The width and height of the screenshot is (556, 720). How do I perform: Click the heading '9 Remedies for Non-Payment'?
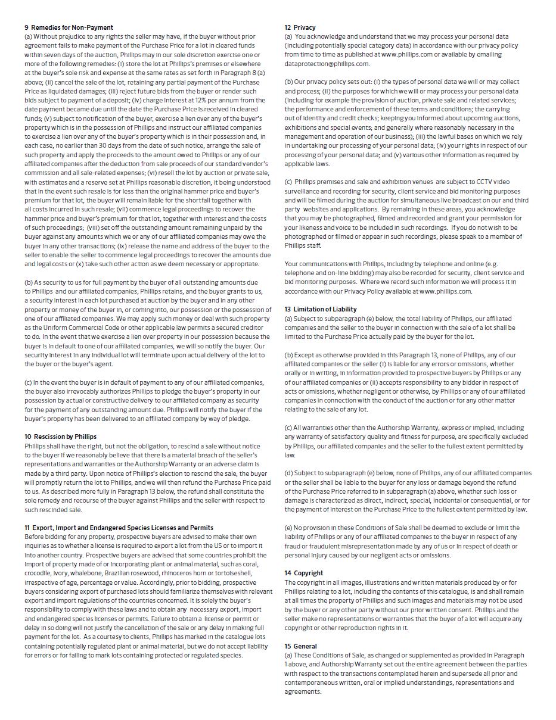(x=69, y=27)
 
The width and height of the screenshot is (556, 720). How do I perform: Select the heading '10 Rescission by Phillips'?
(x=60, y=437)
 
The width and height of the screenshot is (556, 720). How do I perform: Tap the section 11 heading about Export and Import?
(x=119, y=528)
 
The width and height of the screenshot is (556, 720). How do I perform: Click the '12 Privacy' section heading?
(x=300, y=27)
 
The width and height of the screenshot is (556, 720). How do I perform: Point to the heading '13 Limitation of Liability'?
(x=321, y=309)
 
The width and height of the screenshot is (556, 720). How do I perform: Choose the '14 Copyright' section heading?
(x=303, y=573)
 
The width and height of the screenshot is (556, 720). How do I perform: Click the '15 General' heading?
(x=300, y=646)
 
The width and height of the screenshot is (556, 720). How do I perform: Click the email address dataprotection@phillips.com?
(x=327, y=64)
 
